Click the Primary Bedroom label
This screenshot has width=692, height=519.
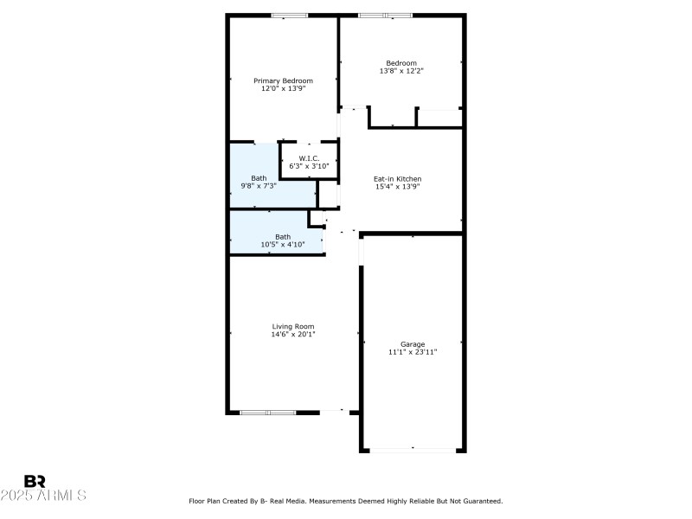coord(283,80)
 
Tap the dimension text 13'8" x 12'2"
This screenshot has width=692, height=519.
coord(401,71)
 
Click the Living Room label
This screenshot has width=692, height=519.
coord(293,326)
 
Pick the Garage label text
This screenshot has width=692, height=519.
coord(413,343)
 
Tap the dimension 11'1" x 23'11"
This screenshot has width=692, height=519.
coord(413,351)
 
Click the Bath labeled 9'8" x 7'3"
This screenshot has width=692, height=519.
coord(259,178)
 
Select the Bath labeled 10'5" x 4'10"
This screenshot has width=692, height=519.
coord(283,236)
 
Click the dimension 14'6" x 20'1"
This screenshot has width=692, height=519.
coord(293,334)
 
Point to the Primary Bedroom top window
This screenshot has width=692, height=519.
coord(290,16)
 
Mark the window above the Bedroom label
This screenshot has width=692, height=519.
coord(386,16)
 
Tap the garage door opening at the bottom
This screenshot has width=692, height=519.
coord(413,450)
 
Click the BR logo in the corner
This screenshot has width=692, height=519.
coord(35,481)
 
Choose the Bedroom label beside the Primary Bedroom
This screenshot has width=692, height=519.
coord(401,63)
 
